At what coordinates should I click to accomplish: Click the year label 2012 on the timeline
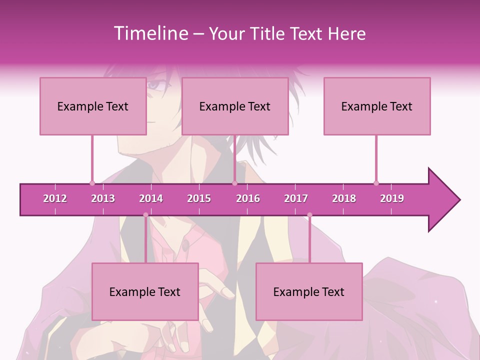[x=55, y=198]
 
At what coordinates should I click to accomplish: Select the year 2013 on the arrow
[x=103, y=198]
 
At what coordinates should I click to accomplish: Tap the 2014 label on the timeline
[x=151, y=198]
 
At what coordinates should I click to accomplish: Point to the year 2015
[x=199, y=198]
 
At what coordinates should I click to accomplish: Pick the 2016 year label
[x=248, y=198]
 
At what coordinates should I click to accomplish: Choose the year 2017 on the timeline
[x=296, y=198]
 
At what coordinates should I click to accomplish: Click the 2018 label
[x=344, y=198]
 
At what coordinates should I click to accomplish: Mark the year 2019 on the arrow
[x=392, y=198]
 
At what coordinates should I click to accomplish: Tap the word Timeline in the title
[x=149, y=33]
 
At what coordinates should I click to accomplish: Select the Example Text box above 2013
[x=93, y=106]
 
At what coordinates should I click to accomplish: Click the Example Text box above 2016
[x=235, y=106]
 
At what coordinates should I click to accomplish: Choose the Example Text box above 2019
[x=377, y=106]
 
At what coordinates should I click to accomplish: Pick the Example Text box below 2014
[x=145, y=291]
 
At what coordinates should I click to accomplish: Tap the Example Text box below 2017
[x=309, y=291]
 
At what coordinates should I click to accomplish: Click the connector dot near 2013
[x=92, y=183]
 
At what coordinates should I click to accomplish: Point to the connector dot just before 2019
[x=376, y=183]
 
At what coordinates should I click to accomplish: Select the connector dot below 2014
[x=145, y=215]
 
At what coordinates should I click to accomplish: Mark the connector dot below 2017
[x=309, y=215]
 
